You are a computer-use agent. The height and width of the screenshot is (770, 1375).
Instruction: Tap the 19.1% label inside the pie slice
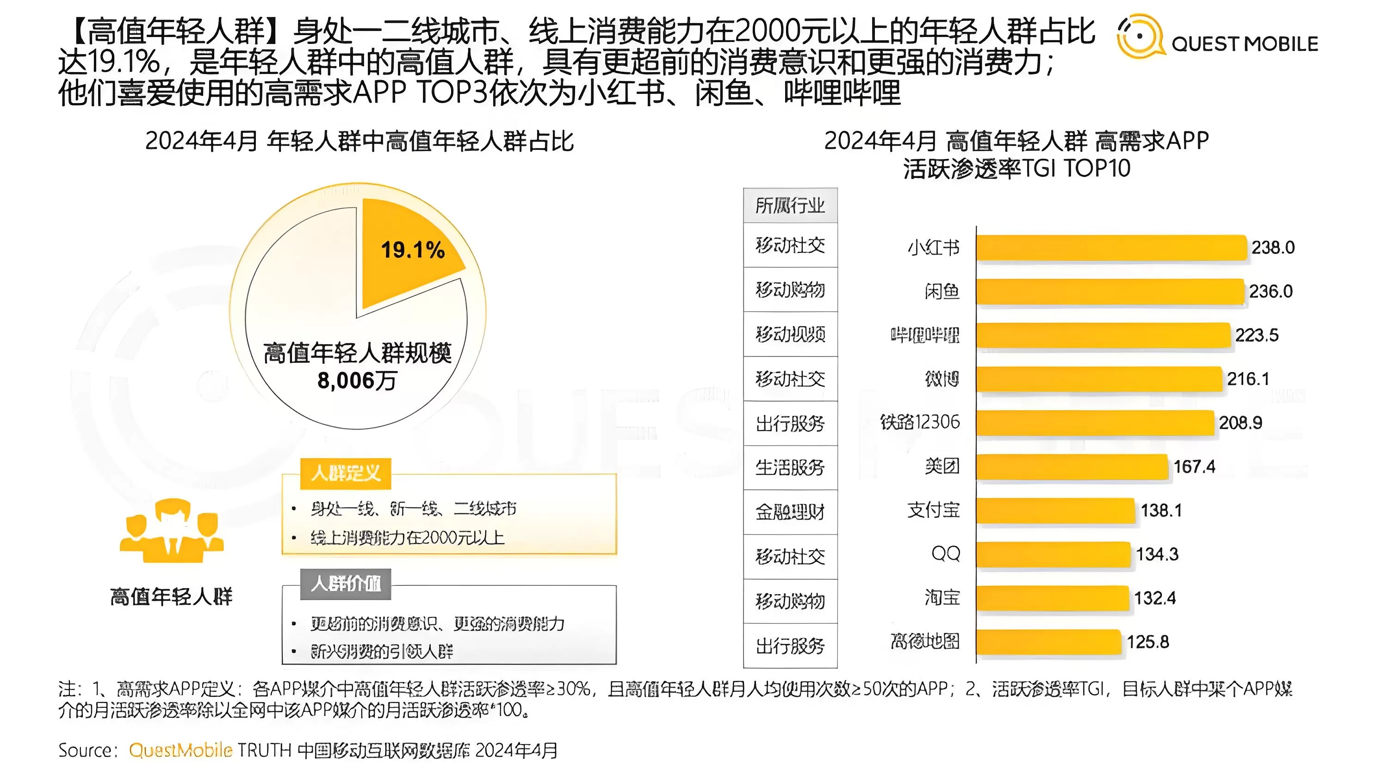412,250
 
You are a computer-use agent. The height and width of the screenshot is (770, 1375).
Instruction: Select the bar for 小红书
1111,248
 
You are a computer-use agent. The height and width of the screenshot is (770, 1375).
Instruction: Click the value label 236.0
1270,292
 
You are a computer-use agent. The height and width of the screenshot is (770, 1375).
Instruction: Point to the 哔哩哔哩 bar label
924,335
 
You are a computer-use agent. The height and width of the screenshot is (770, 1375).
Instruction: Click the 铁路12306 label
920,422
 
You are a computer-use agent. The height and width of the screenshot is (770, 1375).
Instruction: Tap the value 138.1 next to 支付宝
1161,510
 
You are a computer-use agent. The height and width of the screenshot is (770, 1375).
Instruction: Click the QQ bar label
945,554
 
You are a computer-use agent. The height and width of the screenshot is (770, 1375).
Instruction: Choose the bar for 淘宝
1052,598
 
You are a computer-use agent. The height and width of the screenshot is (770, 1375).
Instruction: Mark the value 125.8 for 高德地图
1148,642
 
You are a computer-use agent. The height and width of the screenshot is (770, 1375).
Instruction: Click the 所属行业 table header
790,205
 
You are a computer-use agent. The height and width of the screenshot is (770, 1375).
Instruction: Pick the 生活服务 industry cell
790,468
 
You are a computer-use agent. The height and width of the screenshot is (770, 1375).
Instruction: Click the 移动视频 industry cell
790,334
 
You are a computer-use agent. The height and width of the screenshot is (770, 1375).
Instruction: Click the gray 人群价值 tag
345,584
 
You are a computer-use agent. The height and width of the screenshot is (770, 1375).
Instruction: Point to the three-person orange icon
171,531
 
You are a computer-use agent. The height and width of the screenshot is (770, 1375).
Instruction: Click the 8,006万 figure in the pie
357,381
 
